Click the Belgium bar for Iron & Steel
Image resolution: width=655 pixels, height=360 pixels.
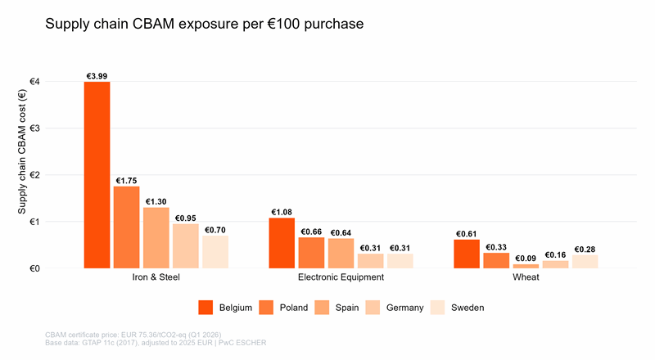[x=97, y=175]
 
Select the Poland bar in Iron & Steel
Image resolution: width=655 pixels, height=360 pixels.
[x=126, y=227]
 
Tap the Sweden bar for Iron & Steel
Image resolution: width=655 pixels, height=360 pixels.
[x=215, y=252]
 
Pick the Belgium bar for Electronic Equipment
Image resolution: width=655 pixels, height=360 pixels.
[x=282, y=243]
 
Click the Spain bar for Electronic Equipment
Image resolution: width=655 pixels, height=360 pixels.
[x=341, y=253]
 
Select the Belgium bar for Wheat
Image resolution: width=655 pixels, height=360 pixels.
[x=467, y=254]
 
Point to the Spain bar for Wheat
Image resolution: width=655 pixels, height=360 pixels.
[x=526, y=266]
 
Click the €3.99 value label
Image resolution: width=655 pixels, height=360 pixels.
[x=97, y=76]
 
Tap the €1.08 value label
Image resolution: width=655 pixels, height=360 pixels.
[x=282, y=212]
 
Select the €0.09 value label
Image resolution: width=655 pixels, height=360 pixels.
[x=526, y=259]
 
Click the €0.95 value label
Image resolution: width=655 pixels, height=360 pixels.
[x=185, y=218]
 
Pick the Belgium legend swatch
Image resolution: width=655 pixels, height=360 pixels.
[x=206, y=308]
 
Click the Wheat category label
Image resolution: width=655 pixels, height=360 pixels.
[x=526, y=278]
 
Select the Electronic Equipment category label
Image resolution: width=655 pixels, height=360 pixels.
[x=341, y=278]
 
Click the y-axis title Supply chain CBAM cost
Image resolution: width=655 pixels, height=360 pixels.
[x=23, y=174]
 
